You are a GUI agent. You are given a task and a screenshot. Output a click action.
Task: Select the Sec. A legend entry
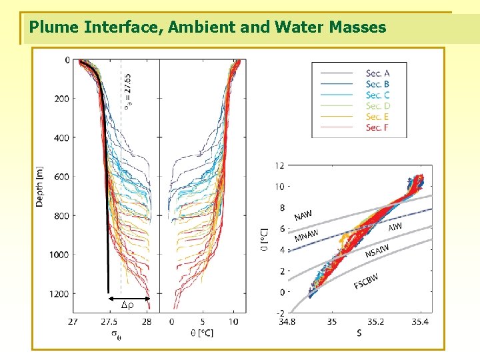click(377, 73)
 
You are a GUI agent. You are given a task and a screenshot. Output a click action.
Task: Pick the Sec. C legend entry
click(377, 95)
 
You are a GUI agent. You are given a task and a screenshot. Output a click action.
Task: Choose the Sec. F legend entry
click(377, 127)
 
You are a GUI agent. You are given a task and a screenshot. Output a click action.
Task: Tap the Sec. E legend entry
click(377, 117)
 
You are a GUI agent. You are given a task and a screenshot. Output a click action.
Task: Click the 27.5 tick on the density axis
click(109, 321)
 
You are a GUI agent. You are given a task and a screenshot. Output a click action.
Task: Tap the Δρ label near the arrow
click(127, 305)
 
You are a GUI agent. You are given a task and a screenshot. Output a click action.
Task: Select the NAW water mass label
click(303, 215)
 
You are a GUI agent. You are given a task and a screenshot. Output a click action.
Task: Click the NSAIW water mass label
click(378, 251)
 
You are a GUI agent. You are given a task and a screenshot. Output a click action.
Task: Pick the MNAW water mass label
click(306, 235)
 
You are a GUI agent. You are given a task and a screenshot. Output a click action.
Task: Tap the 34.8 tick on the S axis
click(287, 321)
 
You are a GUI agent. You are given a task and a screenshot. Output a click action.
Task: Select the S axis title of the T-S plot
click(359, 332)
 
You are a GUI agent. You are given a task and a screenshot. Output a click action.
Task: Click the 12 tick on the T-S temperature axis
click(280, 165)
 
